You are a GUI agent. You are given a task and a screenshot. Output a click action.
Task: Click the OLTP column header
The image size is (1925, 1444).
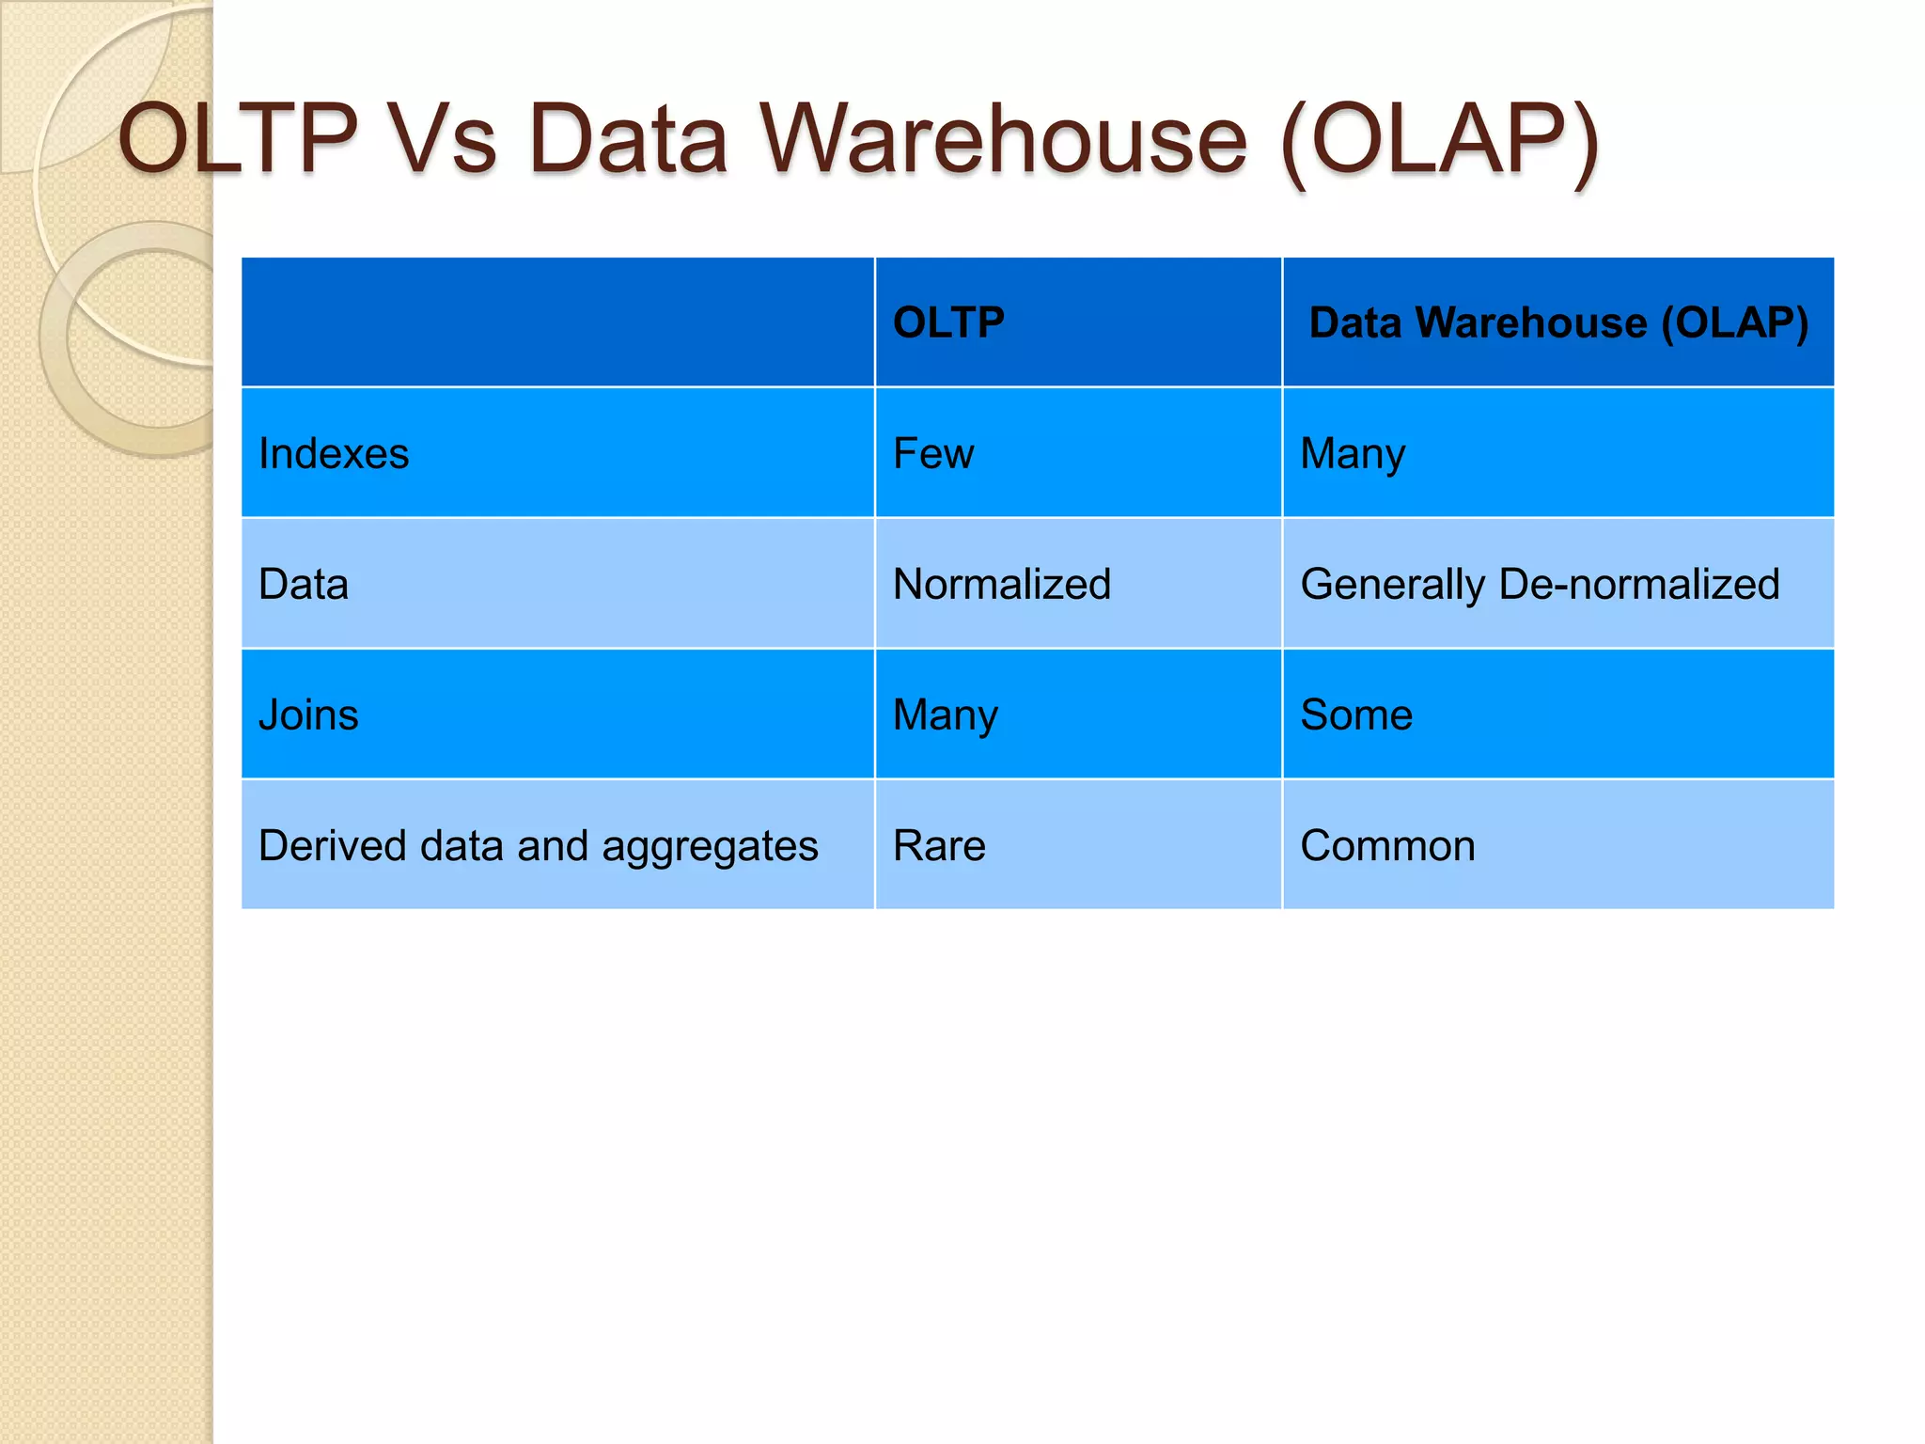(x=948, y=322)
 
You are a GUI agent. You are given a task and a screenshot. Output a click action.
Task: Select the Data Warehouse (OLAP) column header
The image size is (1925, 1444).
(x=1558, y=322)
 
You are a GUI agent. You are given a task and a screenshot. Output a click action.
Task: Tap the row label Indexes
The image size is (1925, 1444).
(x=334, y=454)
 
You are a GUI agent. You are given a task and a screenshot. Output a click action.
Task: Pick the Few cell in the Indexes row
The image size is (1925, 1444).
(x=933, y=454)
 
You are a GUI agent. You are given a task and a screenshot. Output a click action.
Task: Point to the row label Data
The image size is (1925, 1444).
(x=304, y=585)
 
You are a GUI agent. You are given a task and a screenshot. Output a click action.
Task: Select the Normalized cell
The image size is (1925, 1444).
(x=1002, y=585)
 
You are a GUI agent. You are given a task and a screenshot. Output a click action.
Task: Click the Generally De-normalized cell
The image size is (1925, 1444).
(x=1540, y=585)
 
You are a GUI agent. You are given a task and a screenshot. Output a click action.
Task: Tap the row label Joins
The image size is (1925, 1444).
(x=308, y=715)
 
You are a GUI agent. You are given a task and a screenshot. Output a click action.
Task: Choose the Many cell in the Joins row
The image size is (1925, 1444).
(x=946, y=715)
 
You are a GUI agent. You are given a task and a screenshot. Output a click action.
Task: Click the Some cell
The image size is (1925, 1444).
(x=1356, y=715)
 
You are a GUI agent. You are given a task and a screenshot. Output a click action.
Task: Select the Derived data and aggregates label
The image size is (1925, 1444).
(x=539, y=846)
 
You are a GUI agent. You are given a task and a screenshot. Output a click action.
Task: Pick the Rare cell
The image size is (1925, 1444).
(x=939, y=846)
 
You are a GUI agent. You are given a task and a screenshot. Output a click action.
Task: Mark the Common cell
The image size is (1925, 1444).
(x=1387, y=846)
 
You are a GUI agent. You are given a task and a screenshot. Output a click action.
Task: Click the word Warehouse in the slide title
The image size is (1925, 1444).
(x=1004, y=139)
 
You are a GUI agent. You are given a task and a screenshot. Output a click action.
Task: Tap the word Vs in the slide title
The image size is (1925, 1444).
(x=442, y=139)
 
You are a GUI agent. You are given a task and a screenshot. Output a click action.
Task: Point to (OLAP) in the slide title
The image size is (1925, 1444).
(x=1440, y=139)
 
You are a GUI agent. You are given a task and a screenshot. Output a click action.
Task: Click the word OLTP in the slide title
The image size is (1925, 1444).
(x=238, y=139)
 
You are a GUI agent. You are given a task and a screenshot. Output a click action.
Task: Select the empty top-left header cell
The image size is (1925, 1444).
(x=557, y=322)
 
